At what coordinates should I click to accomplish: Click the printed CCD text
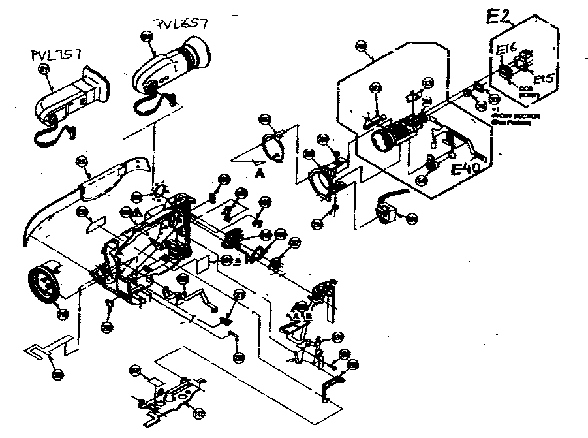[x=525, y=91]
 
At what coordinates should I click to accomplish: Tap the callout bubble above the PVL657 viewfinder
[x=146, y=38]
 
